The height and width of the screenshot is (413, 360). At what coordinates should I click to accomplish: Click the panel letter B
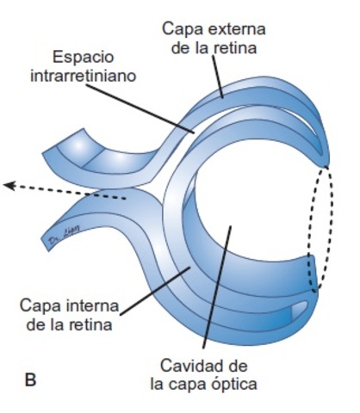click(31, 379)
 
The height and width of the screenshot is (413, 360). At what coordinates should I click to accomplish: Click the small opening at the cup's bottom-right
click(299, 306)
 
